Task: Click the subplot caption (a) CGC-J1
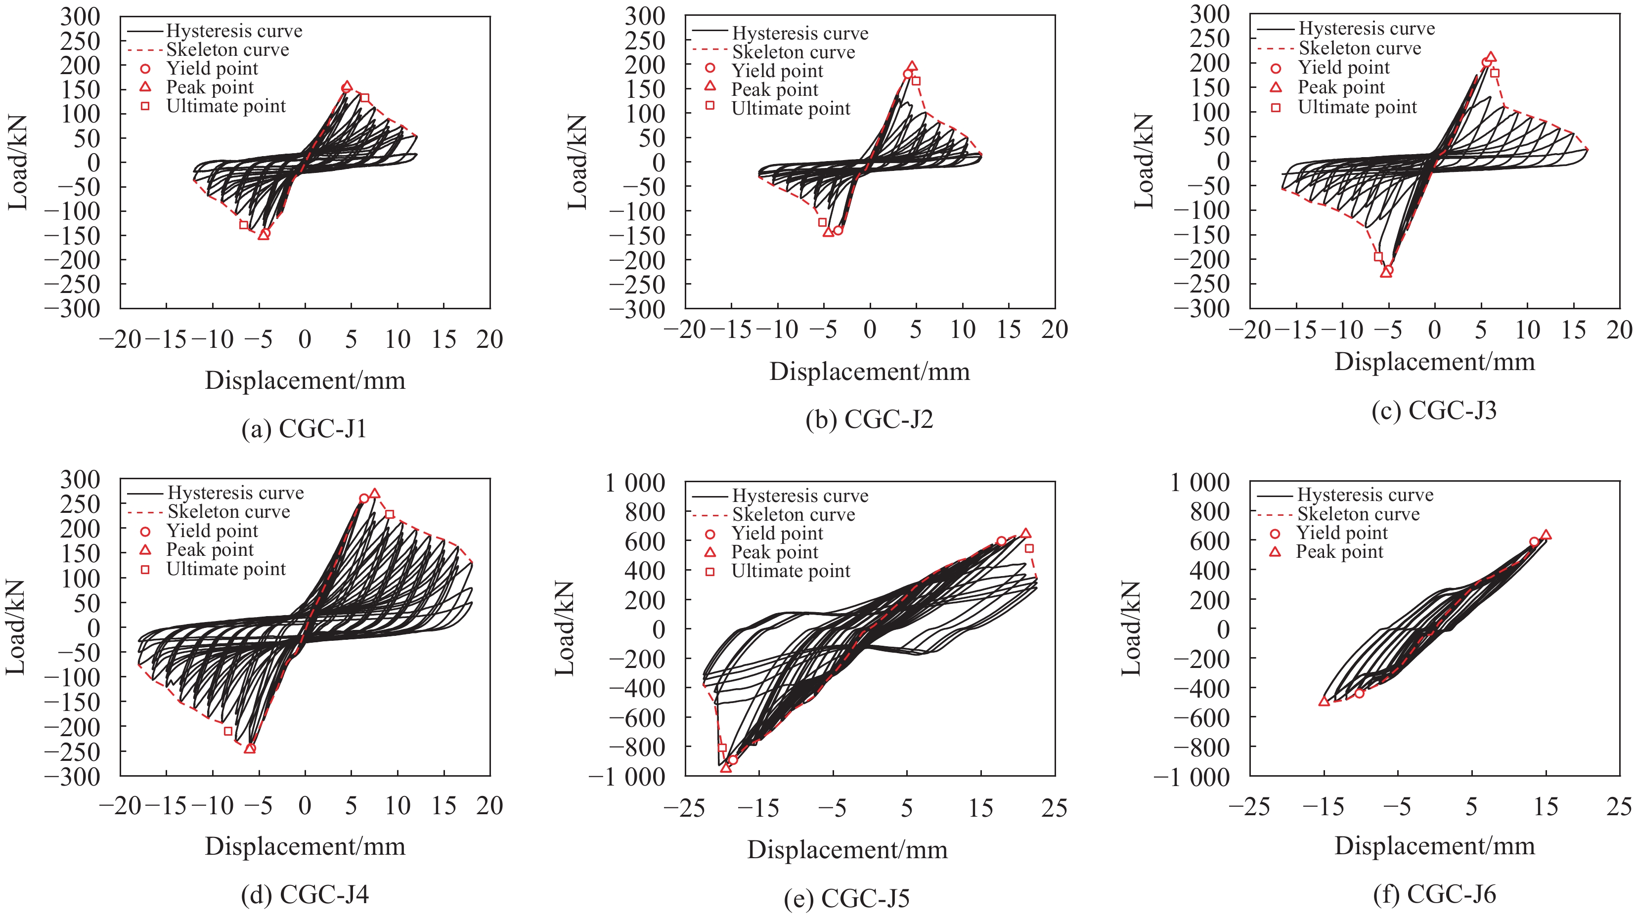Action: (304, 429)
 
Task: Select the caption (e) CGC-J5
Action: (847, 898)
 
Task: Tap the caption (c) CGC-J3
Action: (1434, 411)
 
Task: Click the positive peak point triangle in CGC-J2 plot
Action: (912, 66)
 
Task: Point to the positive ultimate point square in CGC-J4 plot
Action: (390, 514)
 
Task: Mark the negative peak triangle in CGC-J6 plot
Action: (1324, 702)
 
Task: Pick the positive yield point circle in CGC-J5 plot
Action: (1001, 541)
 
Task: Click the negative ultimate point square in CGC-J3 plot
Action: (1378, 257)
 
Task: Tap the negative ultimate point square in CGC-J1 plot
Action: (244, 225)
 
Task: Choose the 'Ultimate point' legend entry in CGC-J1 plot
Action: (226, 107)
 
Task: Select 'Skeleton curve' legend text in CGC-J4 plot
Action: (228, 512)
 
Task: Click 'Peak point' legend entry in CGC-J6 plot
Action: (1339, 552)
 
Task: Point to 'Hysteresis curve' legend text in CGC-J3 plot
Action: (1367, 29)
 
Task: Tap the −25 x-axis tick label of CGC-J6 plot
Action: (1249, 807)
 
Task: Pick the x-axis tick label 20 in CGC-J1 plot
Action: (489, 340)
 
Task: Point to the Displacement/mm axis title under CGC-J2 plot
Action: (870, 372)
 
